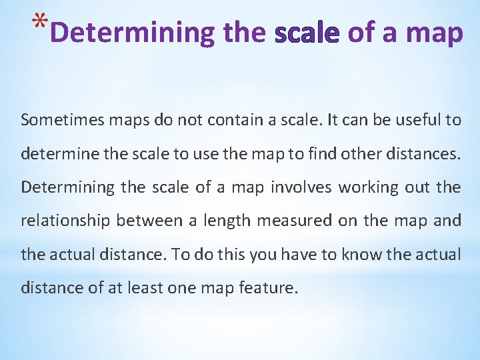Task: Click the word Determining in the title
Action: [133, 33]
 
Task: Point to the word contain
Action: [233, 120]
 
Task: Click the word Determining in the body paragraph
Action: [68, 187]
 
